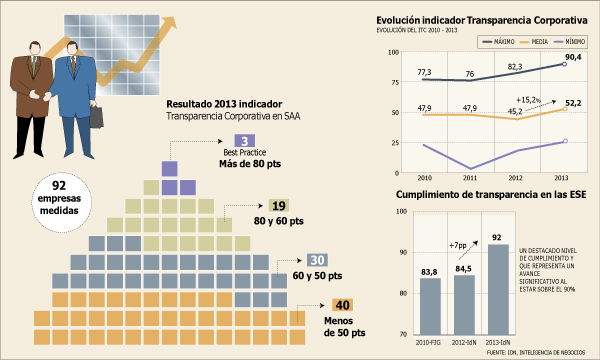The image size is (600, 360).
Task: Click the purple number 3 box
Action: click(245, 141)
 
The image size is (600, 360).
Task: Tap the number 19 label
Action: click(279, 206)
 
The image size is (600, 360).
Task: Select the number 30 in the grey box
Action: click(317, 260)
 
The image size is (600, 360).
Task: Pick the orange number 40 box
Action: click(342, 305)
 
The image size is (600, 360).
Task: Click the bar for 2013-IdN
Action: click(497, 289)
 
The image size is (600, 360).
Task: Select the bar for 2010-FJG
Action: click(430, 306)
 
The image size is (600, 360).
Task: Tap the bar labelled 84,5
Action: click(464, 305)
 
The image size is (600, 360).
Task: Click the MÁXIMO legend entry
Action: click(499, 42)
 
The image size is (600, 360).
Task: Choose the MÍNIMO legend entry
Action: click(570, 42)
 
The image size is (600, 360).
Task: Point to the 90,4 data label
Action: click(573, 57)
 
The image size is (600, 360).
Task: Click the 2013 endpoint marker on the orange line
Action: click(565, 109)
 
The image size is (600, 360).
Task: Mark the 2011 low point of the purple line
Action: click(470, 169)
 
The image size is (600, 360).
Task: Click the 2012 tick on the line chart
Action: click(515, 178)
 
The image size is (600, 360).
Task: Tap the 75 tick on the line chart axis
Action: click(394, 82)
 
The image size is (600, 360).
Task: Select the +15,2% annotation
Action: click(528, 100)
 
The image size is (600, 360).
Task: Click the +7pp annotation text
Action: click(458, 245)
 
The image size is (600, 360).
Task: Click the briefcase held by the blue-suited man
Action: click(96, 116)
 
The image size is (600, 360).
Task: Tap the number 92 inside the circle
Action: click(59, 186)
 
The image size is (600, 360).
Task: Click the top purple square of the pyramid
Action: click(170, 169)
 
